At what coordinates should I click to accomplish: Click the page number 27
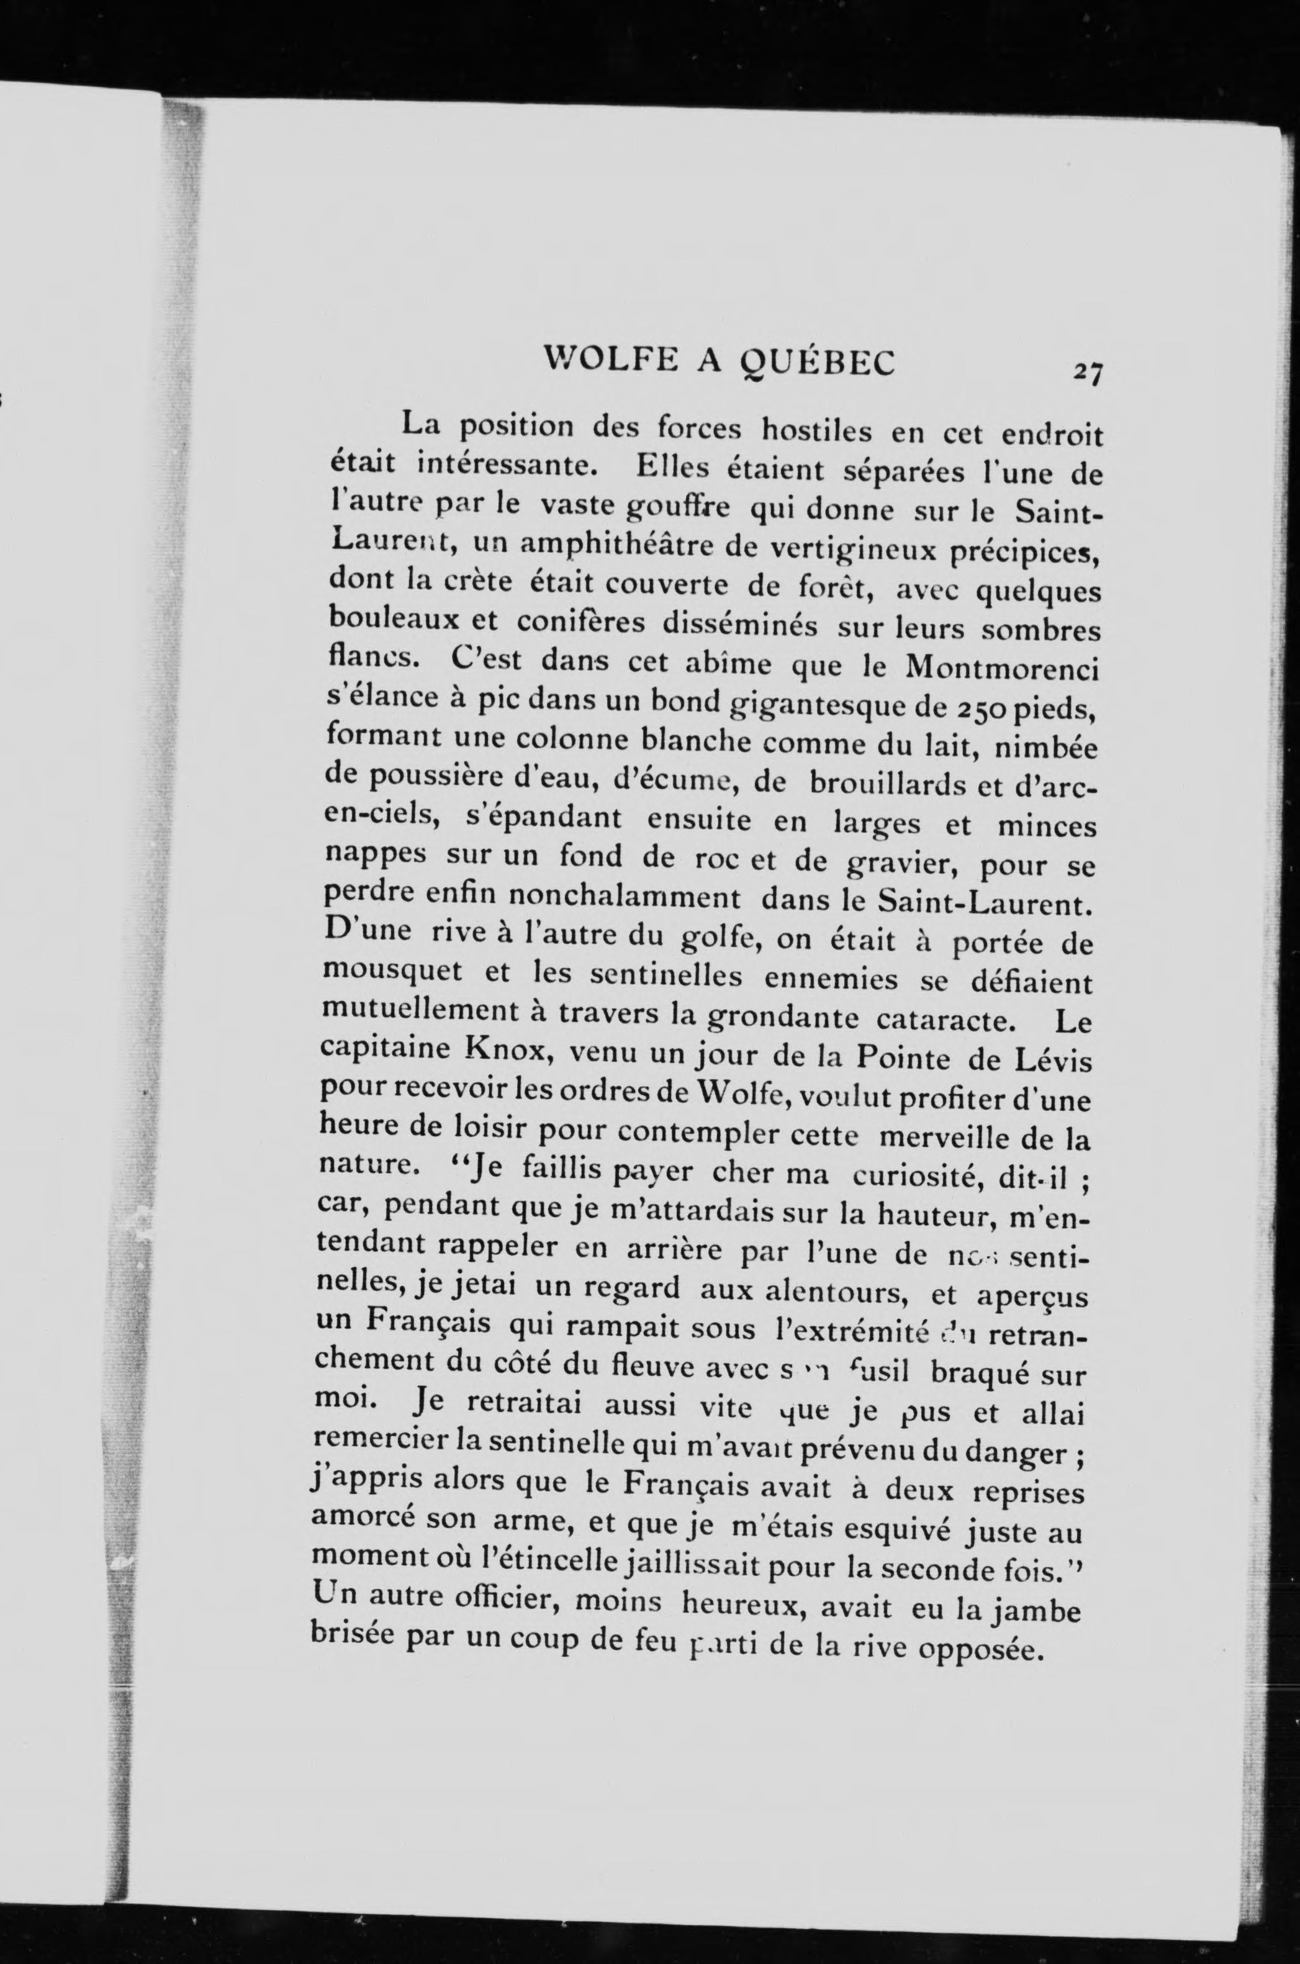pyautogui.click(x=1085, y=371)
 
